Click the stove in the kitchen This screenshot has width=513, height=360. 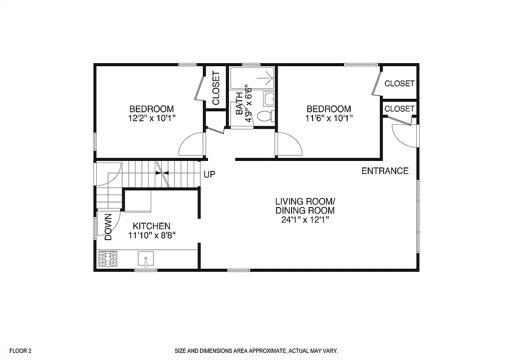tap(107, 258)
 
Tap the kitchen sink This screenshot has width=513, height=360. tap(146, 259)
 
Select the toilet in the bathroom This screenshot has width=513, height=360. tap(265, 116)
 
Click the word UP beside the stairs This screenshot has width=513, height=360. tap(209, 174)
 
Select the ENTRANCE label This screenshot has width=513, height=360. tap(385, 171)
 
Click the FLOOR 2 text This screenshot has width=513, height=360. tap(21, 351)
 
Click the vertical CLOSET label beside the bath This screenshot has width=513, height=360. tap(216, 88)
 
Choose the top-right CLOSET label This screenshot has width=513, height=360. tap(399, 83)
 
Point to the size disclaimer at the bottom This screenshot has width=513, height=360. tap(256, 351)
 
